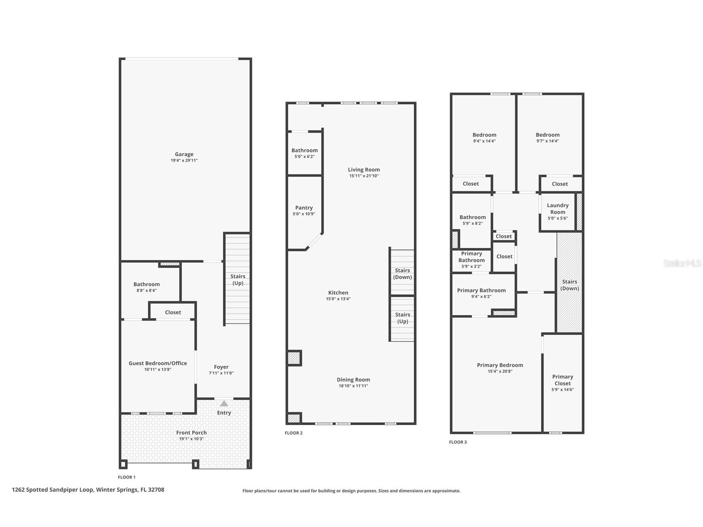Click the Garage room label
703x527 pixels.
coord(184,154)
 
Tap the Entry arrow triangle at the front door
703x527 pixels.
coord(224,403)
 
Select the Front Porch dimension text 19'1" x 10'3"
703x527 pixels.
coord(191,439)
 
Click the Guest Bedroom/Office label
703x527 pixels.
coord(157,363)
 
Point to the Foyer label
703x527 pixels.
coord(221,367)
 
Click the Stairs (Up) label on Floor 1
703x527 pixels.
coord(238,280)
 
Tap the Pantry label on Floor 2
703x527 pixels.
coord(304,208)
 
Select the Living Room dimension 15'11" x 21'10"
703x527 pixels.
coord(364,176)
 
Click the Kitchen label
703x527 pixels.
coord(338,293)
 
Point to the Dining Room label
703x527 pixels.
coord(353,380)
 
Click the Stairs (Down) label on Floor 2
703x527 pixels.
coord(402,274)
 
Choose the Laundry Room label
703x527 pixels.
coord(558,208)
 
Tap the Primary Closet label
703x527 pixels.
coord(563,380)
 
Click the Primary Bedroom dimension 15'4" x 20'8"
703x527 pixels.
coord(500,371)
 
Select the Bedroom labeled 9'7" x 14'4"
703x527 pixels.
coord(548,135)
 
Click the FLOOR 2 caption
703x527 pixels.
coord(294,433)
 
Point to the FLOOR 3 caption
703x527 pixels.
coord(458,442)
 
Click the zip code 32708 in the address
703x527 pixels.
coord(156,490)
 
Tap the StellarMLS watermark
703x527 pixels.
coord(683,263)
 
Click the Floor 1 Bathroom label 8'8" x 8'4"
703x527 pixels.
coord(146,284)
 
